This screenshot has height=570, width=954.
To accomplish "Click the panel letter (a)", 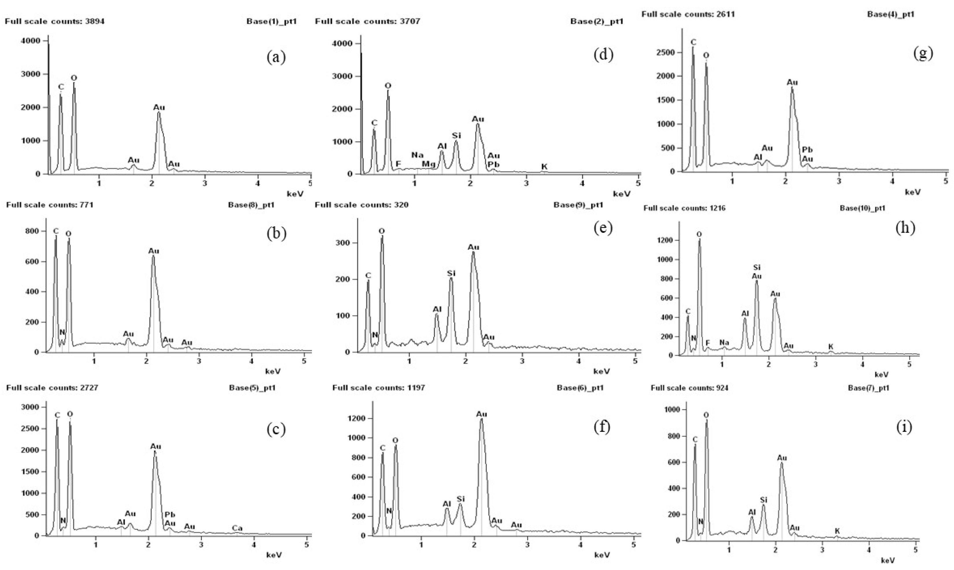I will (276, 57).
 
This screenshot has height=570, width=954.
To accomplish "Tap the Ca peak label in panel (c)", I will (237, 528).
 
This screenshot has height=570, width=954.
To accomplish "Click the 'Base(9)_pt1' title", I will (578, 205).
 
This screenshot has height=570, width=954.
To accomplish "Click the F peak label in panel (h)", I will (708, 343).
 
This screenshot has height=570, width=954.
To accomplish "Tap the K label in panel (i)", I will (837, 531).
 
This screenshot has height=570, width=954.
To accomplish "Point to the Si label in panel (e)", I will (451, 273).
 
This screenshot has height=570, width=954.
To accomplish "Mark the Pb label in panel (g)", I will (807, 150).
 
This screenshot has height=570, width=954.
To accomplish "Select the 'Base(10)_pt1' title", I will (862, 208).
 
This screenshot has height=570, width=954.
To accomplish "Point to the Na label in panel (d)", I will (417, 155).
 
